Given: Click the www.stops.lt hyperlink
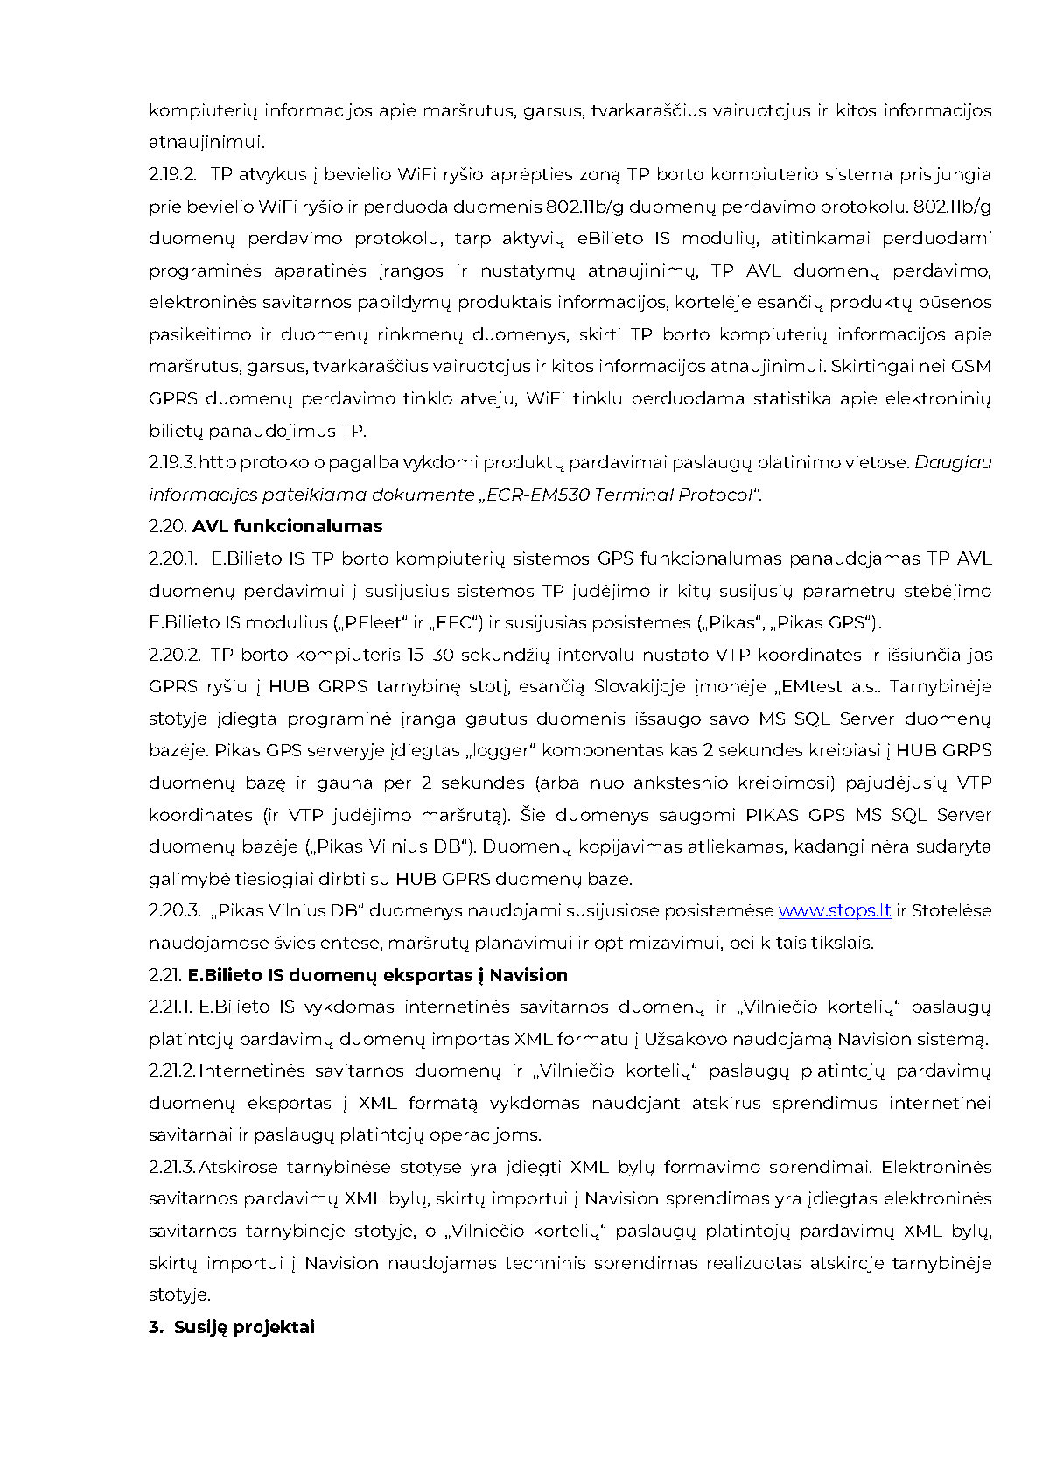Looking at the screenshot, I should pyautogui.click(x=834, y=910).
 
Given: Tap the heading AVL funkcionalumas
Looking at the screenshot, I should pyautogui.click(x=287, y=526).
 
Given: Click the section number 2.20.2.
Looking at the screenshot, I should pyautogui.click(x=174, y=655).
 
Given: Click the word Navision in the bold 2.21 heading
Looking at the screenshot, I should pyautogui.click(x=528, y=975).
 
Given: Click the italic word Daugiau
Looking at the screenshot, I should pyautogui.click(x=953, y=462).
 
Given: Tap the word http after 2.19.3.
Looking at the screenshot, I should pyautogui.click(x=217, y=462).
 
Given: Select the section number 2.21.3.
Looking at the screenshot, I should pyautogui.click(x=171, y=1167).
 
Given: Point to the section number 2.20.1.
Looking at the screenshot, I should pyautogui.click(x=172, y=558).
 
